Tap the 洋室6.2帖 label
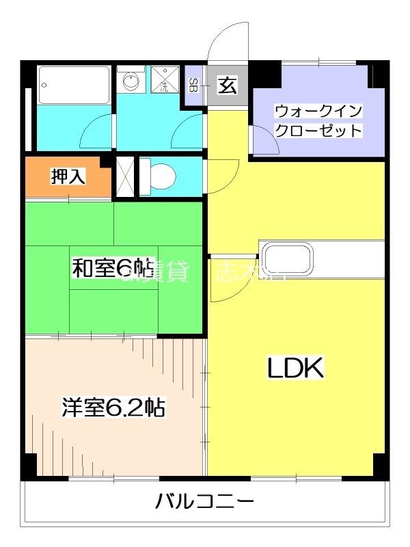coord(113,408)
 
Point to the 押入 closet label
coord(68,176)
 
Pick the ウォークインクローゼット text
coord(318,121)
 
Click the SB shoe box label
coord(193,85)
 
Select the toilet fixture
coord(161,177)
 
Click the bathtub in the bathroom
coord(74,85)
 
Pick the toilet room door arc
coord(222,174)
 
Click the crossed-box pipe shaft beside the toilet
coord(124,177)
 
